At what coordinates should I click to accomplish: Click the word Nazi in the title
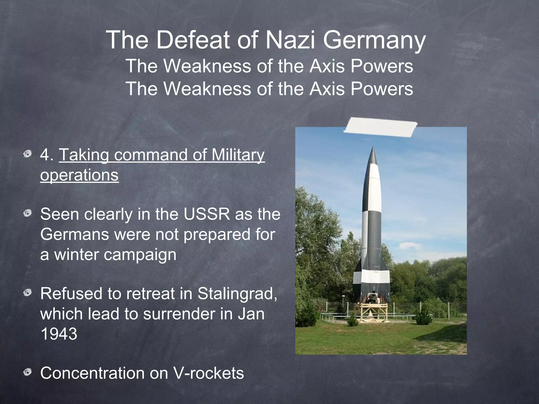[290, 41]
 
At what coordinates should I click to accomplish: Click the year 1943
[59, 334]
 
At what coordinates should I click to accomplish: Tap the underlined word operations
[79, 175]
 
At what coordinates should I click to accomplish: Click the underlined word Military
[238, 155]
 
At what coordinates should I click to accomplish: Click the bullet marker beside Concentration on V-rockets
[27, 372]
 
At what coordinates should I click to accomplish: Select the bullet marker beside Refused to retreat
[27, 292]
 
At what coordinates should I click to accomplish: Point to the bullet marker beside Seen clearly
[27, 213]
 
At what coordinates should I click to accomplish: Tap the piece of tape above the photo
[380, 128]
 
